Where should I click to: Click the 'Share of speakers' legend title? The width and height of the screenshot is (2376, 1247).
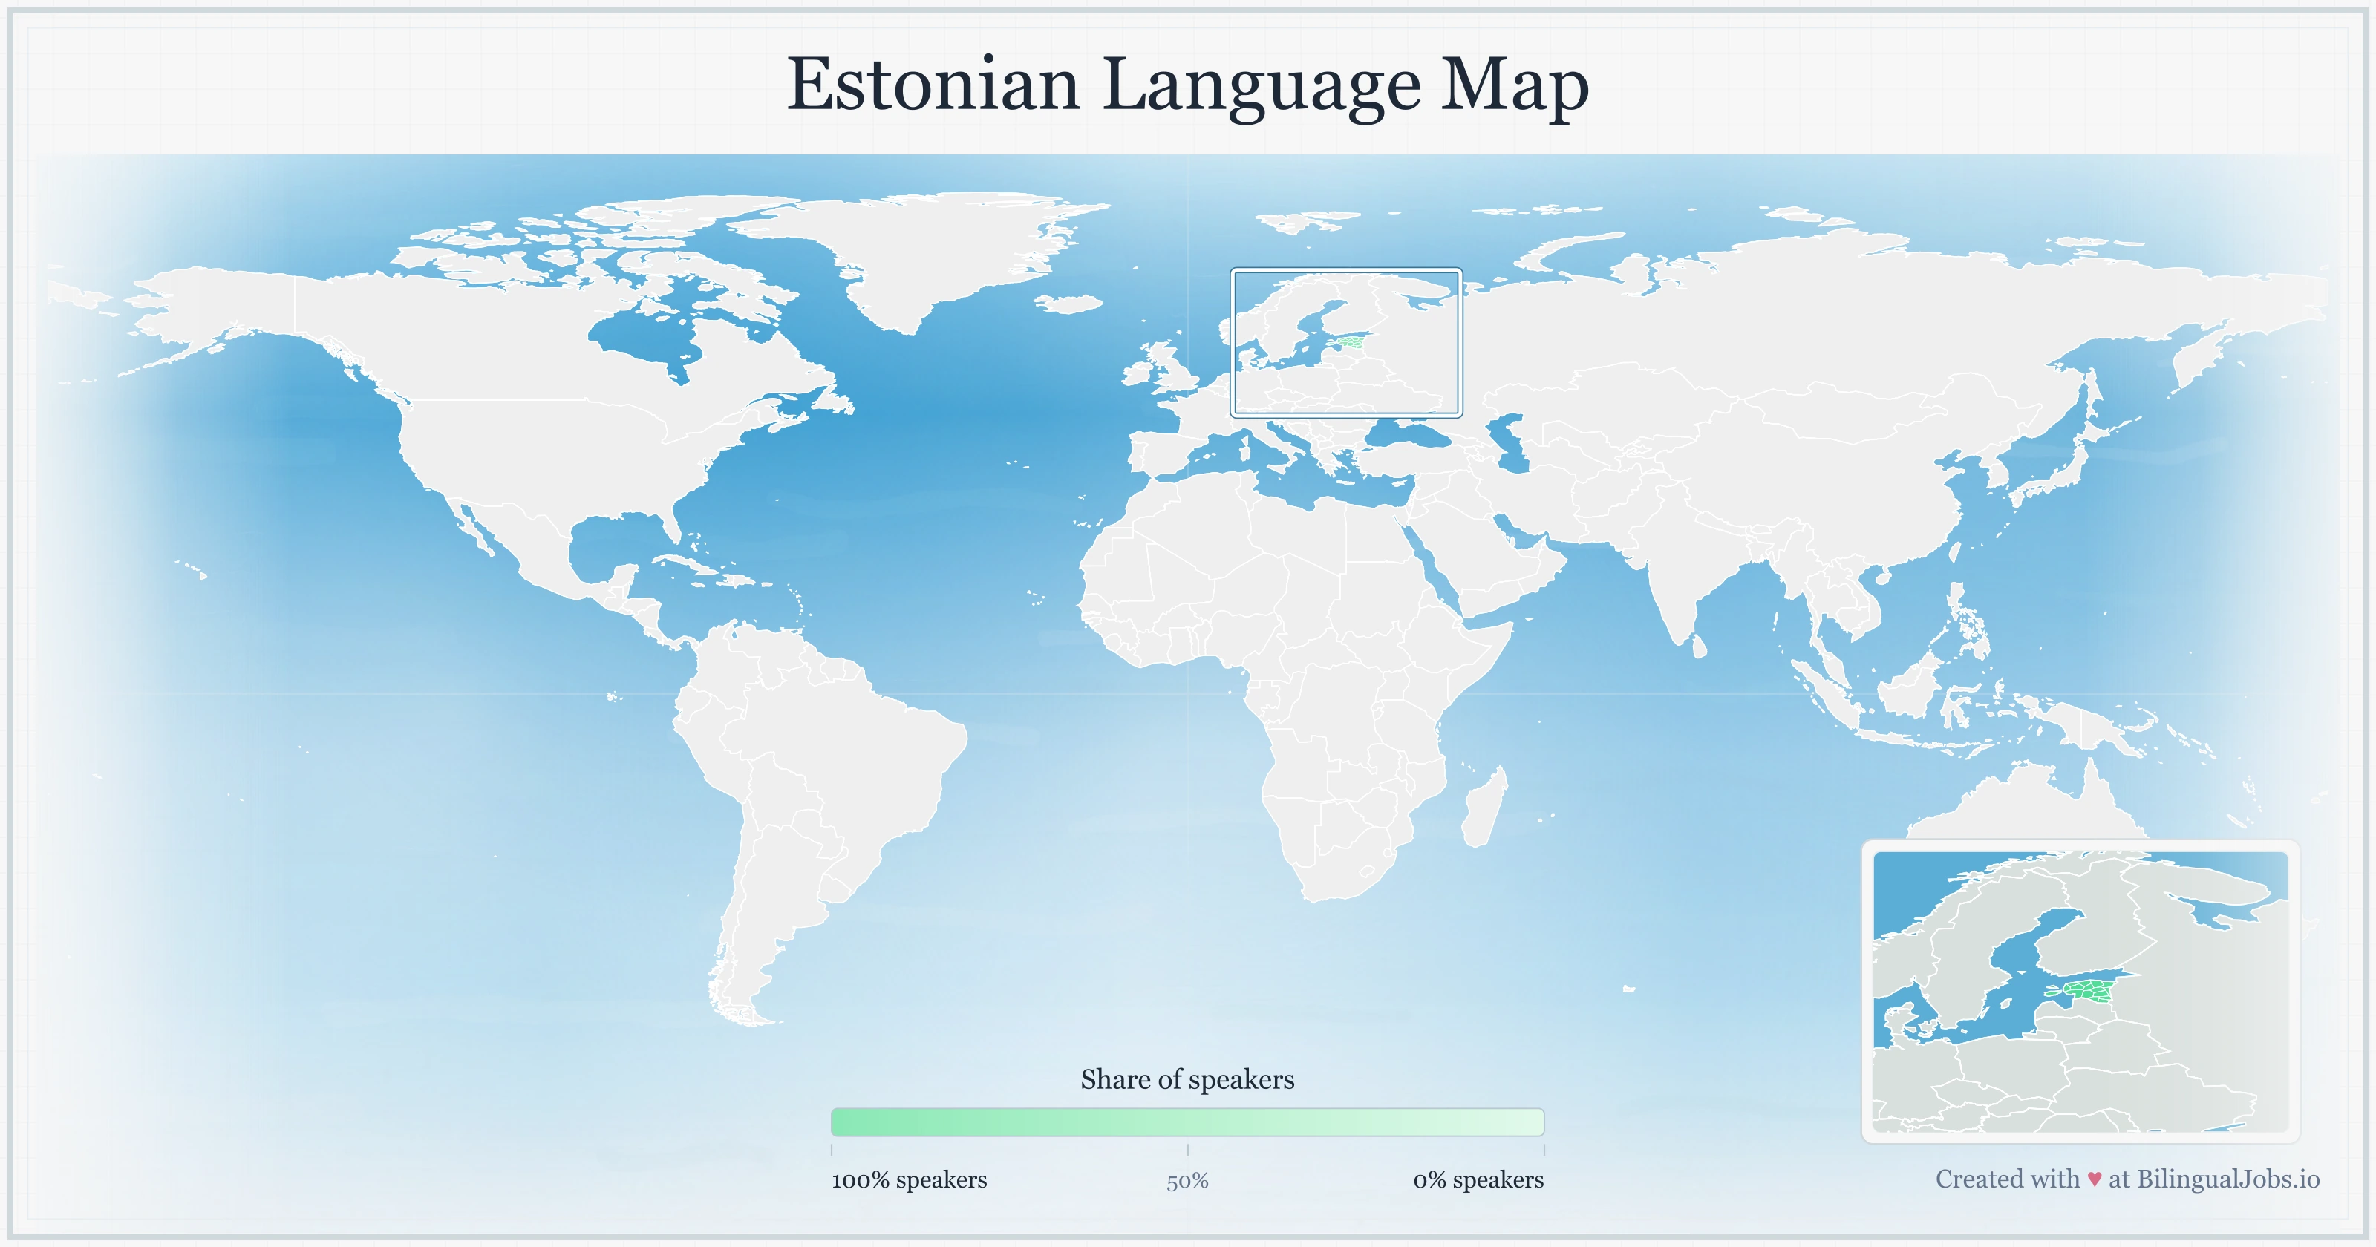1187,1079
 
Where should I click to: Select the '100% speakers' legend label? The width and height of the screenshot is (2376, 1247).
909,1179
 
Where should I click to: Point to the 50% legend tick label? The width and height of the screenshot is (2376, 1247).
1187,1182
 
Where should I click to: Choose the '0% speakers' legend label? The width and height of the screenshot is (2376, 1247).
1478,1179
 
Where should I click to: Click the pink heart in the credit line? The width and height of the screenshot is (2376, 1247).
2095,1179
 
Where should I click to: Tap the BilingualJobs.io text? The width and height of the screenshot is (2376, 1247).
2227,1179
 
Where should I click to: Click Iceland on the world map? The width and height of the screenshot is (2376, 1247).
1070,303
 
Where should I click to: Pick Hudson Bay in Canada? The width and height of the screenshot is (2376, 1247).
646,337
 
